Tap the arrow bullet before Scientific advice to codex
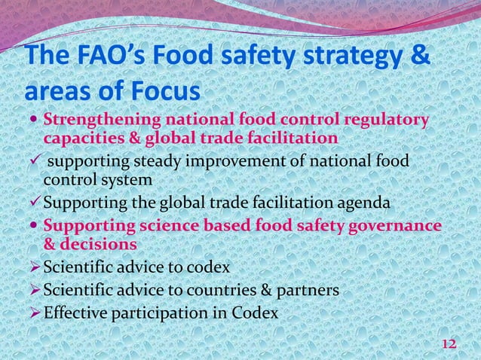34,267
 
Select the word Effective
75,311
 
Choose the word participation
159,311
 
